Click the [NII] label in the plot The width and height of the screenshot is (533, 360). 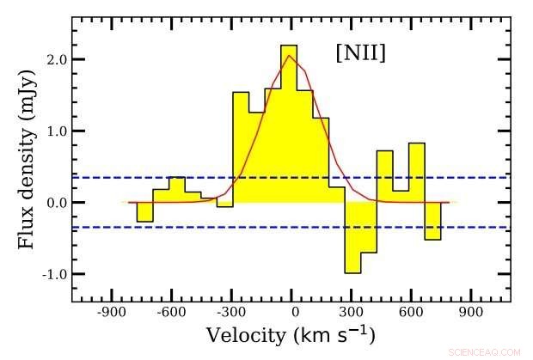point(360,54)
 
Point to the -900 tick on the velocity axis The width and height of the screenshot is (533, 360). point(111,314)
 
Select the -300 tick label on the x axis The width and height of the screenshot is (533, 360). point(232,314)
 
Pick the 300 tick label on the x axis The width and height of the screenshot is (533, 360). point(352,314)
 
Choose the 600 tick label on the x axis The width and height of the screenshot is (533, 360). point(410,314)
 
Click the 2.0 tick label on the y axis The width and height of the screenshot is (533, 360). point(58,59)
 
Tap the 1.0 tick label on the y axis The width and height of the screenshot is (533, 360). point(58,131)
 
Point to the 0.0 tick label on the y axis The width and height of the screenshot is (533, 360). point(58,203)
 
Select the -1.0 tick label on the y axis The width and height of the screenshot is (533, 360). point(56,274)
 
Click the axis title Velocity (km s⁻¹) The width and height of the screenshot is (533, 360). point(290,335)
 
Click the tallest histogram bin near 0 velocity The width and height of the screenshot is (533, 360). point(289,120)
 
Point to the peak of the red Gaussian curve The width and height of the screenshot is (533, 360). point(290,56)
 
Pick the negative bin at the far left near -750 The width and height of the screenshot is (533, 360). point(145,211)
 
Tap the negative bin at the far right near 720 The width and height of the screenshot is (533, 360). point(432,221)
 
